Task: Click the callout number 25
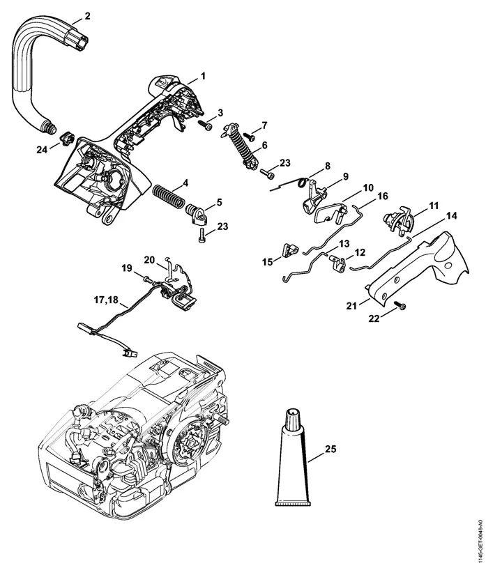pos(330,449)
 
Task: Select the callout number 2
pos(87,15)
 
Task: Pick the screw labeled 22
pos(400,306)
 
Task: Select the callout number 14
pos(451,215)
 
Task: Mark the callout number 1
pos(203,75)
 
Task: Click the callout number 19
pos(127,268)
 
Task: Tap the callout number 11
pos(434,206)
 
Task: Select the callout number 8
pos(327,166)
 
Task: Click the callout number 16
pos(382,197)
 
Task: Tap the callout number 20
pos(149,259)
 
